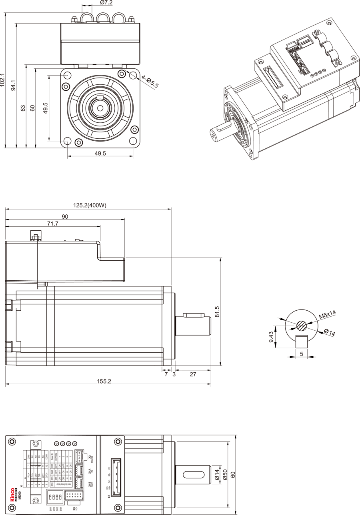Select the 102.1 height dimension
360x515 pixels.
pos(3,80)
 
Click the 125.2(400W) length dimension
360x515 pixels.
pos(90,206)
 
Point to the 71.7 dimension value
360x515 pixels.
pos(52,224)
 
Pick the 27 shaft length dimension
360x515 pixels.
pos(193,375)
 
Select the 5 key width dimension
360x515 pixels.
pos(301,354)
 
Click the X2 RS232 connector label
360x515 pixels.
pos(91,458)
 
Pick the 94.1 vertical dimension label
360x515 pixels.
pos(14,86)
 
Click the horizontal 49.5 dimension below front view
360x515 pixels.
pos(100,154)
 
